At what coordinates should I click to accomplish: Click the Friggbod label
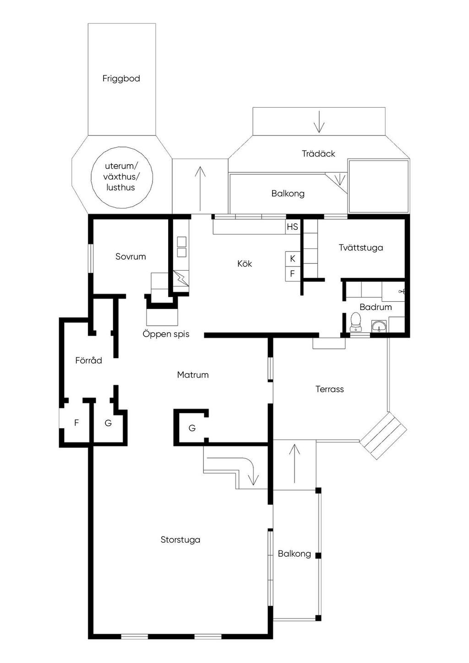(121, 79)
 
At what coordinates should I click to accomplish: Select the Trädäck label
(318, 153)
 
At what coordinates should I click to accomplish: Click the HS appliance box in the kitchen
(293, 227)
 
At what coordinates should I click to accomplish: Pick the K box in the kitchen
(292, 259)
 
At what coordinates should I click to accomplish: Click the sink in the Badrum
(379, 326)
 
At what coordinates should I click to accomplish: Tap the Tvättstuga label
(360, 247)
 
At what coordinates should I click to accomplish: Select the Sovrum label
(131, 256)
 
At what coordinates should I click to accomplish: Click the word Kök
(245, 263)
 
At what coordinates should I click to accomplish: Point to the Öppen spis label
(166, 334)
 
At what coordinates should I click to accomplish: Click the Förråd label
(88, 360)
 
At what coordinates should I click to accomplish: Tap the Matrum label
(193, 375)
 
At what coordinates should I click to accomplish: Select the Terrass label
(330, 389)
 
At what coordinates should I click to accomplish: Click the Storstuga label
(180, 539)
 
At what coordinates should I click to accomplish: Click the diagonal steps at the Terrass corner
(383, 435)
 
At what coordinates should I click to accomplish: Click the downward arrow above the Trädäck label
(319, 121)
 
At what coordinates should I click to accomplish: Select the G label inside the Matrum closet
(192, 428)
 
